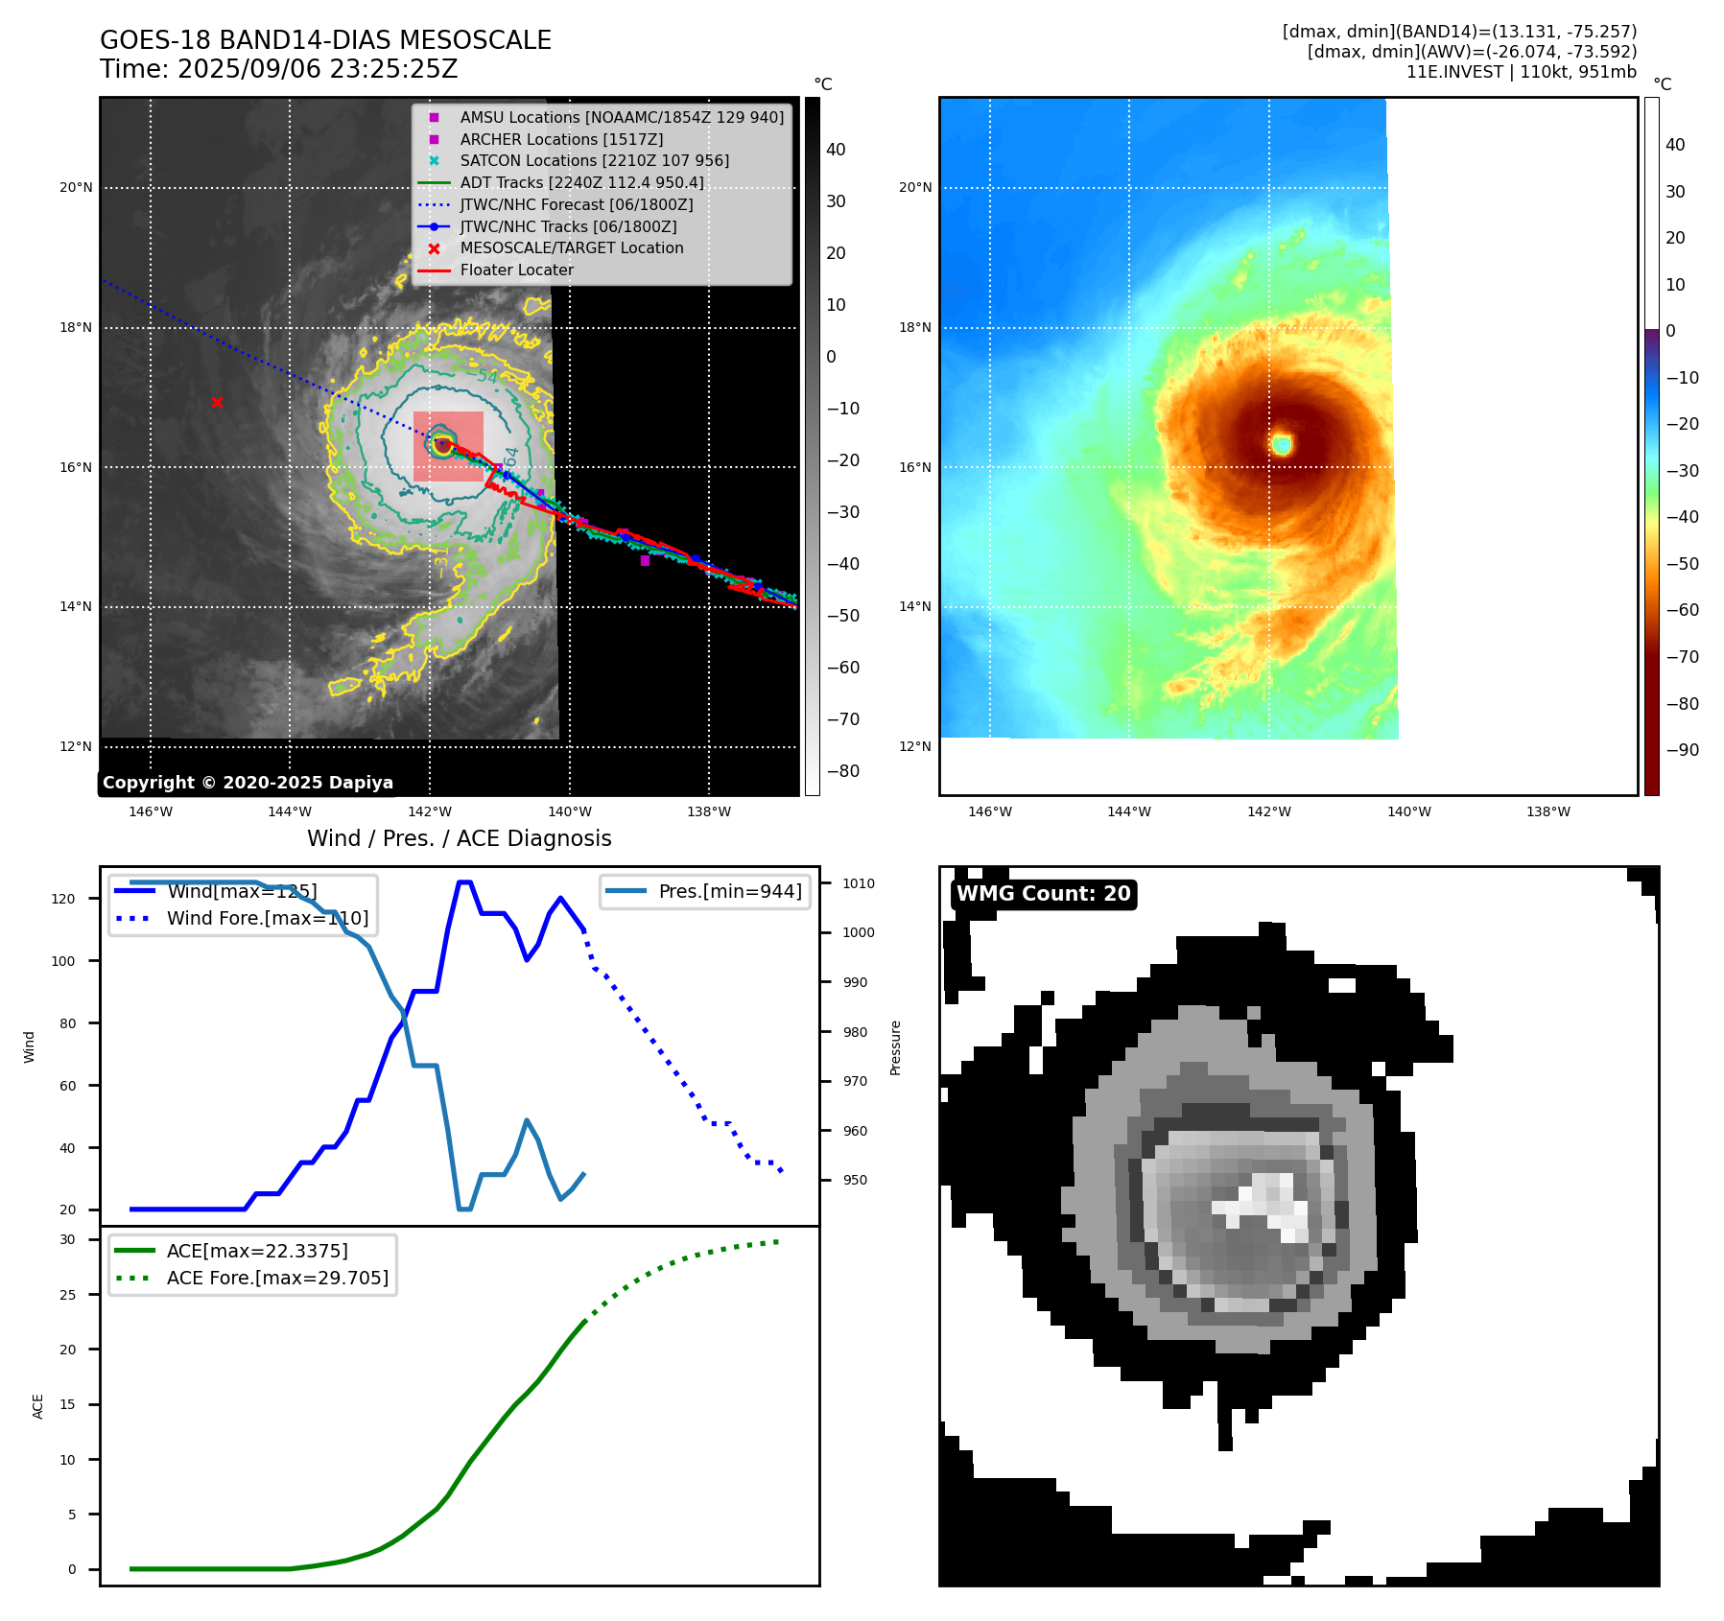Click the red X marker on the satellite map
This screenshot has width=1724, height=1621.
(x=217, y=403)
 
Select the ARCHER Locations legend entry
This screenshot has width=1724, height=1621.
(x=561, y=139)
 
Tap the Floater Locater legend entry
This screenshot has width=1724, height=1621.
(x=516, y=270)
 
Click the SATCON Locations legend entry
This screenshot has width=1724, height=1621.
(x=594, y=161)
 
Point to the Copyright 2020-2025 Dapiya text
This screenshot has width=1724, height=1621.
(x=248, y=783)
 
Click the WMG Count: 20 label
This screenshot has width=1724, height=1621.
(x=1044, y=894)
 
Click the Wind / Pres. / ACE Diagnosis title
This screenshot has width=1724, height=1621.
(x=459, y=838)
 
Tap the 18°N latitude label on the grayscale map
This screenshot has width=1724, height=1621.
(x=77, y=328)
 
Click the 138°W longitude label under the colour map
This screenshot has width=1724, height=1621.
(x=1548, y=812)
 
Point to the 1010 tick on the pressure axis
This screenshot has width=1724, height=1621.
(x=859, y=883)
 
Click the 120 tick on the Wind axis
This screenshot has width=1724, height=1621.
(x=63, y=899)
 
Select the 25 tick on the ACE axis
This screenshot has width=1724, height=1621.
(x=67, y=1295)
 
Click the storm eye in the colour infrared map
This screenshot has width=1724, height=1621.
(x=1282, y=443)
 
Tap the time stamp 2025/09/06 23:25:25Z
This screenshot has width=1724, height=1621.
(x=318, y=70)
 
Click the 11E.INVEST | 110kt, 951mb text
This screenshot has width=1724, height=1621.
(x=1521, y=72)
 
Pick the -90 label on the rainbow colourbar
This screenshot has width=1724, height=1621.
(x=1682, y=750)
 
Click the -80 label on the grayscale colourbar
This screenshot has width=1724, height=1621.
(x=843, y=771)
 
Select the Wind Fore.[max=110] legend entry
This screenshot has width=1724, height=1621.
(x=267, y=918)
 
